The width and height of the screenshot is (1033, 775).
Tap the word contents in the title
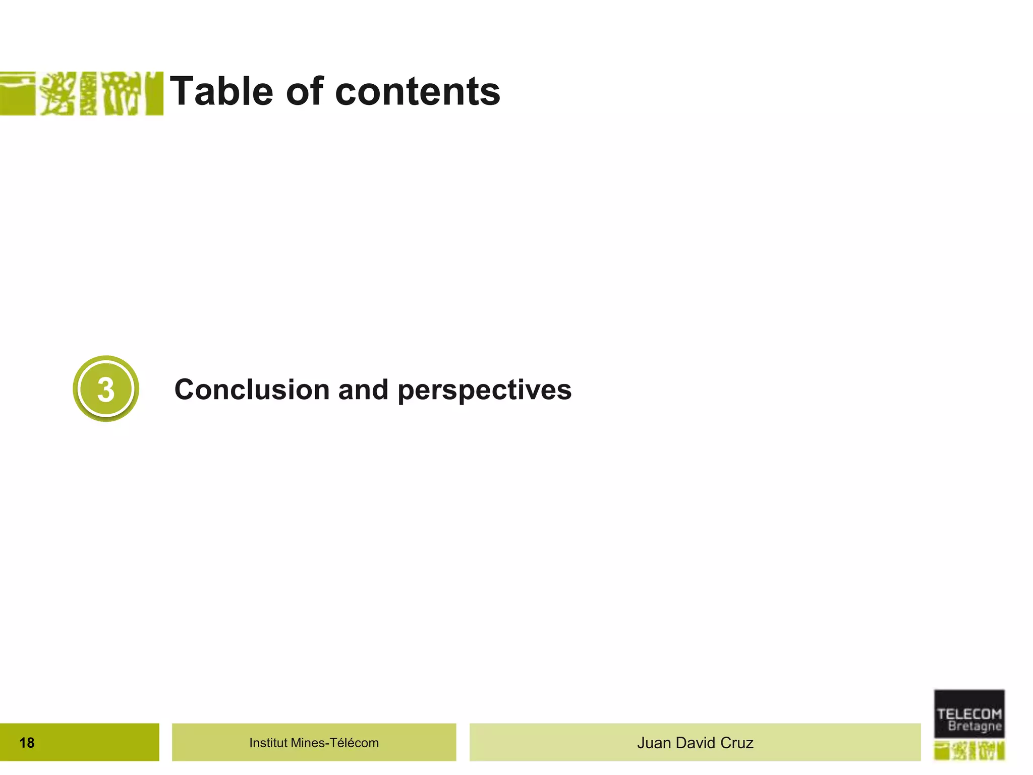coord(418,92)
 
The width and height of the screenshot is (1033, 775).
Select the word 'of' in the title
coord(304,91)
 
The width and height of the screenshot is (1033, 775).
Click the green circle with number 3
coord(106,389)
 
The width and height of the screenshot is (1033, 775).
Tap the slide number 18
coord(27,743)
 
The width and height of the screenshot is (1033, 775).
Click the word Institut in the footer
coord(268,743)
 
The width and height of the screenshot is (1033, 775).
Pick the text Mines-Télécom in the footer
coord(335,743)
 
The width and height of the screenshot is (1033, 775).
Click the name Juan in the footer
coord(654,743)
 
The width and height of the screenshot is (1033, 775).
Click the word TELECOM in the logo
coord(969,713)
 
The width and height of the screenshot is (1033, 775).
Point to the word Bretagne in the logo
coord(974,727)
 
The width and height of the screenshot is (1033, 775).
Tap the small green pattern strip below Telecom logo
coord(969,751)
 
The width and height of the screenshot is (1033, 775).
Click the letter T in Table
coord(183,91)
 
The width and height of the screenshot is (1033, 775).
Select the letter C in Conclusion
coord(185,390)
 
